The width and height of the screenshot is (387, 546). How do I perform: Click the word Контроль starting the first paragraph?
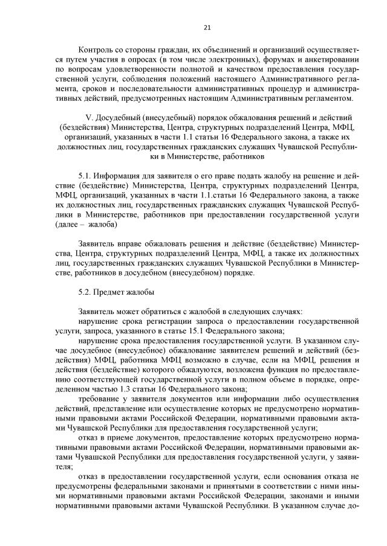[97, 49]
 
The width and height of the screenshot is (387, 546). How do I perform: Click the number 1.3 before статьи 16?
[124, 388]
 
